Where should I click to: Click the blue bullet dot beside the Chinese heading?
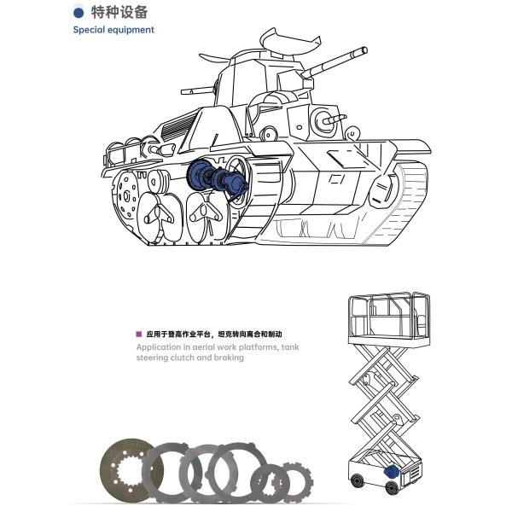click(x=79, y=13)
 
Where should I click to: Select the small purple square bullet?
click(x=139, y=334)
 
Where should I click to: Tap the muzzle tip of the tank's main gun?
click(x=364, y=50)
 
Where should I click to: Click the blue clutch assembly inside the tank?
click(x=217, y=179)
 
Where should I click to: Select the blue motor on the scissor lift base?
click(x=391, y=471)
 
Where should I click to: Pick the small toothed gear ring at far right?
click(x=295, y=483)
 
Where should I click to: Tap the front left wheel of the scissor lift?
click(x=357, y=480)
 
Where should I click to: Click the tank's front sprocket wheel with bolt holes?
click(x=125, y=196)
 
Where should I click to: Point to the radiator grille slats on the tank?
click(x=178, y=125)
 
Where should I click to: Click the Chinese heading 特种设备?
click(x=119, y=13)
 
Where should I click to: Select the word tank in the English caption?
click(x=290, y=347)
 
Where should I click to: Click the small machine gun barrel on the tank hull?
click(x=334, y=119)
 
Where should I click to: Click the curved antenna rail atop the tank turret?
click(x=289, y=42)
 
